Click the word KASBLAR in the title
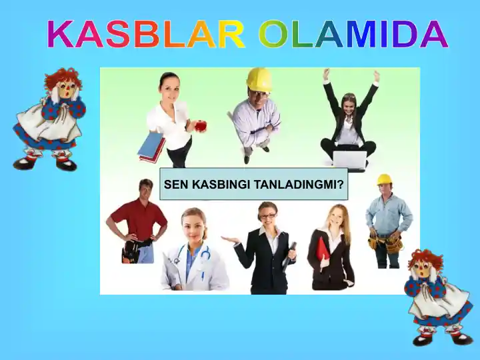point(145,35)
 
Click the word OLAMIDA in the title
point(353,35)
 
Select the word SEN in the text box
point(176,185)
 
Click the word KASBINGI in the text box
point(221,185)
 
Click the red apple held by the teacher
point(200,125)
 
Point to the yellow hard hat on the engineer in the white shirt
point(259,79)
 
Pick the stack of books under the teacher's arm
point(151,146)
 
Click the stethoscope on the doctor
point(194,256)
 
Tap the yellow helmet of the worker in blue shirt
point(384,179)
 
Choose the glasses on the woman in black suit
point(267,216)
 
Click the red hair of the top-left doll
point(63,78)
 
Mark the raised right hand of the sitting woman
point(327,75)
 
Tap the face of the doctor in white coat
point(193,225)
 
